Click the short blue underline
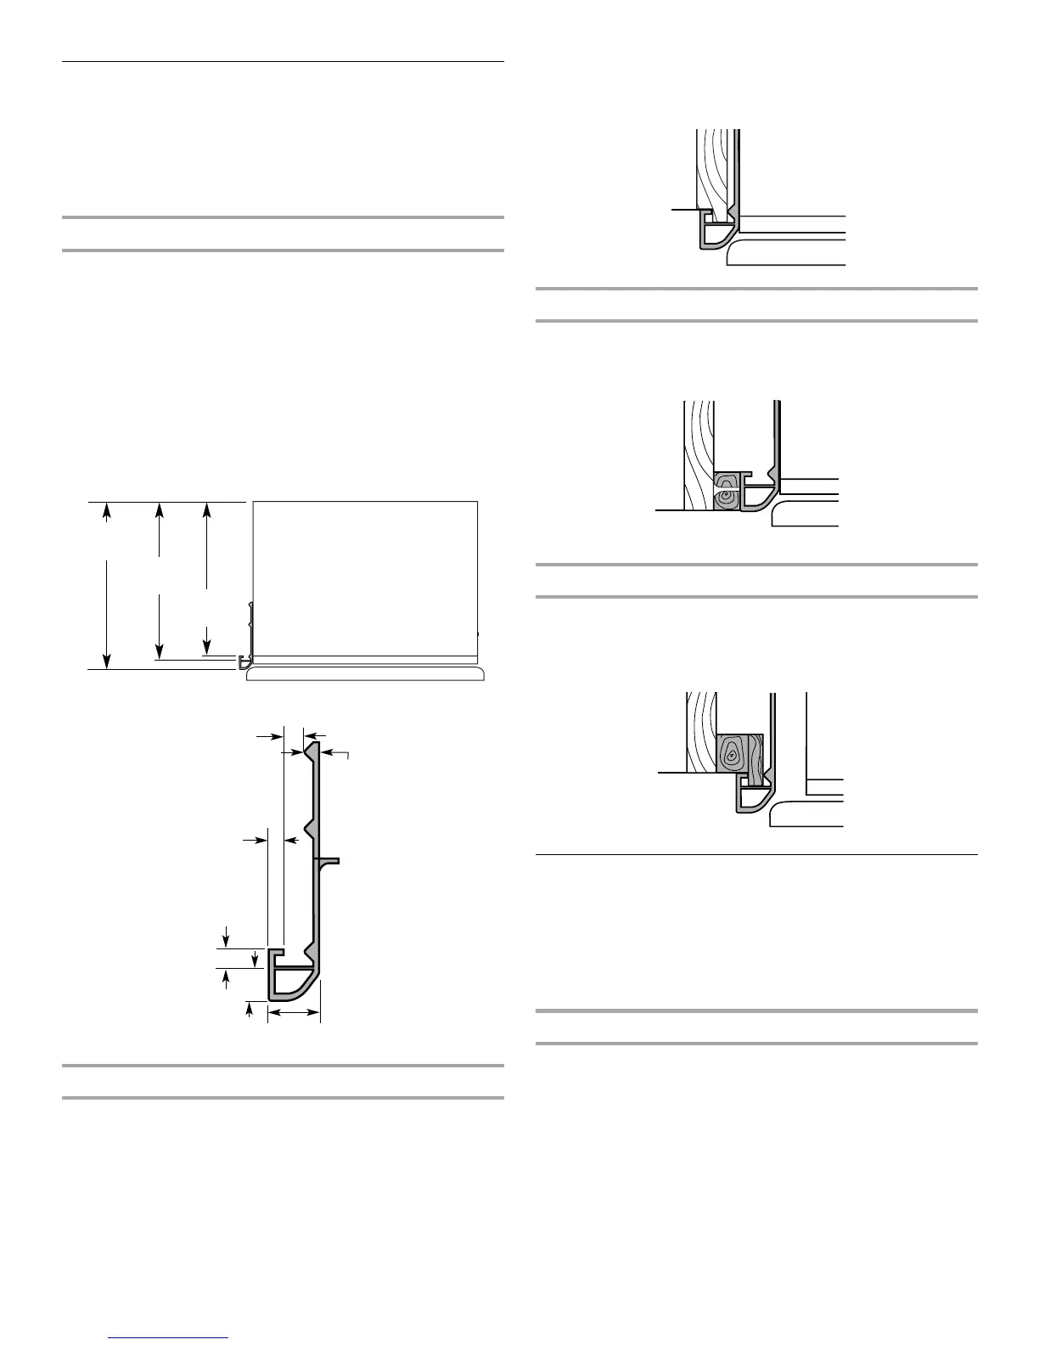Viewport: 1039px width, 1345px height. tap(169, 1338)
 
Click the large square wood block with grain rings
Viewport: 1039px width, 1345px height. tap(732, 753)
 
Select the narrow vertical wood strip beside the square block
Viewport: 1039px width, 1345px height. tap(755, 755)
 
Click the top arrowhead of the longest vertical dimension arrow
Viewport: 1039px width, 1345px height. tap(106, 509)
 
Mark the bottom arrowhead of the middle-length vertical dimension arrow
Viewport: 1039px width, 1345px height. tap(159, 650)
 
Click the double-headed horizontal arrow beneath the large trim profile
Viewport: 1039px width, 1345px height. tap(294, 1012)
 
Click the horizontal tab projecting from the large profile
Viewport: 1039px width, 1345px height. tap(330, 860)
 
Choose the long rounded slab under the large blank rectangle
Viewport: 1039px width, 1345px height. tap(365, 673)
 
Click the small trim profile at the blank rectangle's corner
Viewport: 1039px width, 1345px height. tap(244, 661)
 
